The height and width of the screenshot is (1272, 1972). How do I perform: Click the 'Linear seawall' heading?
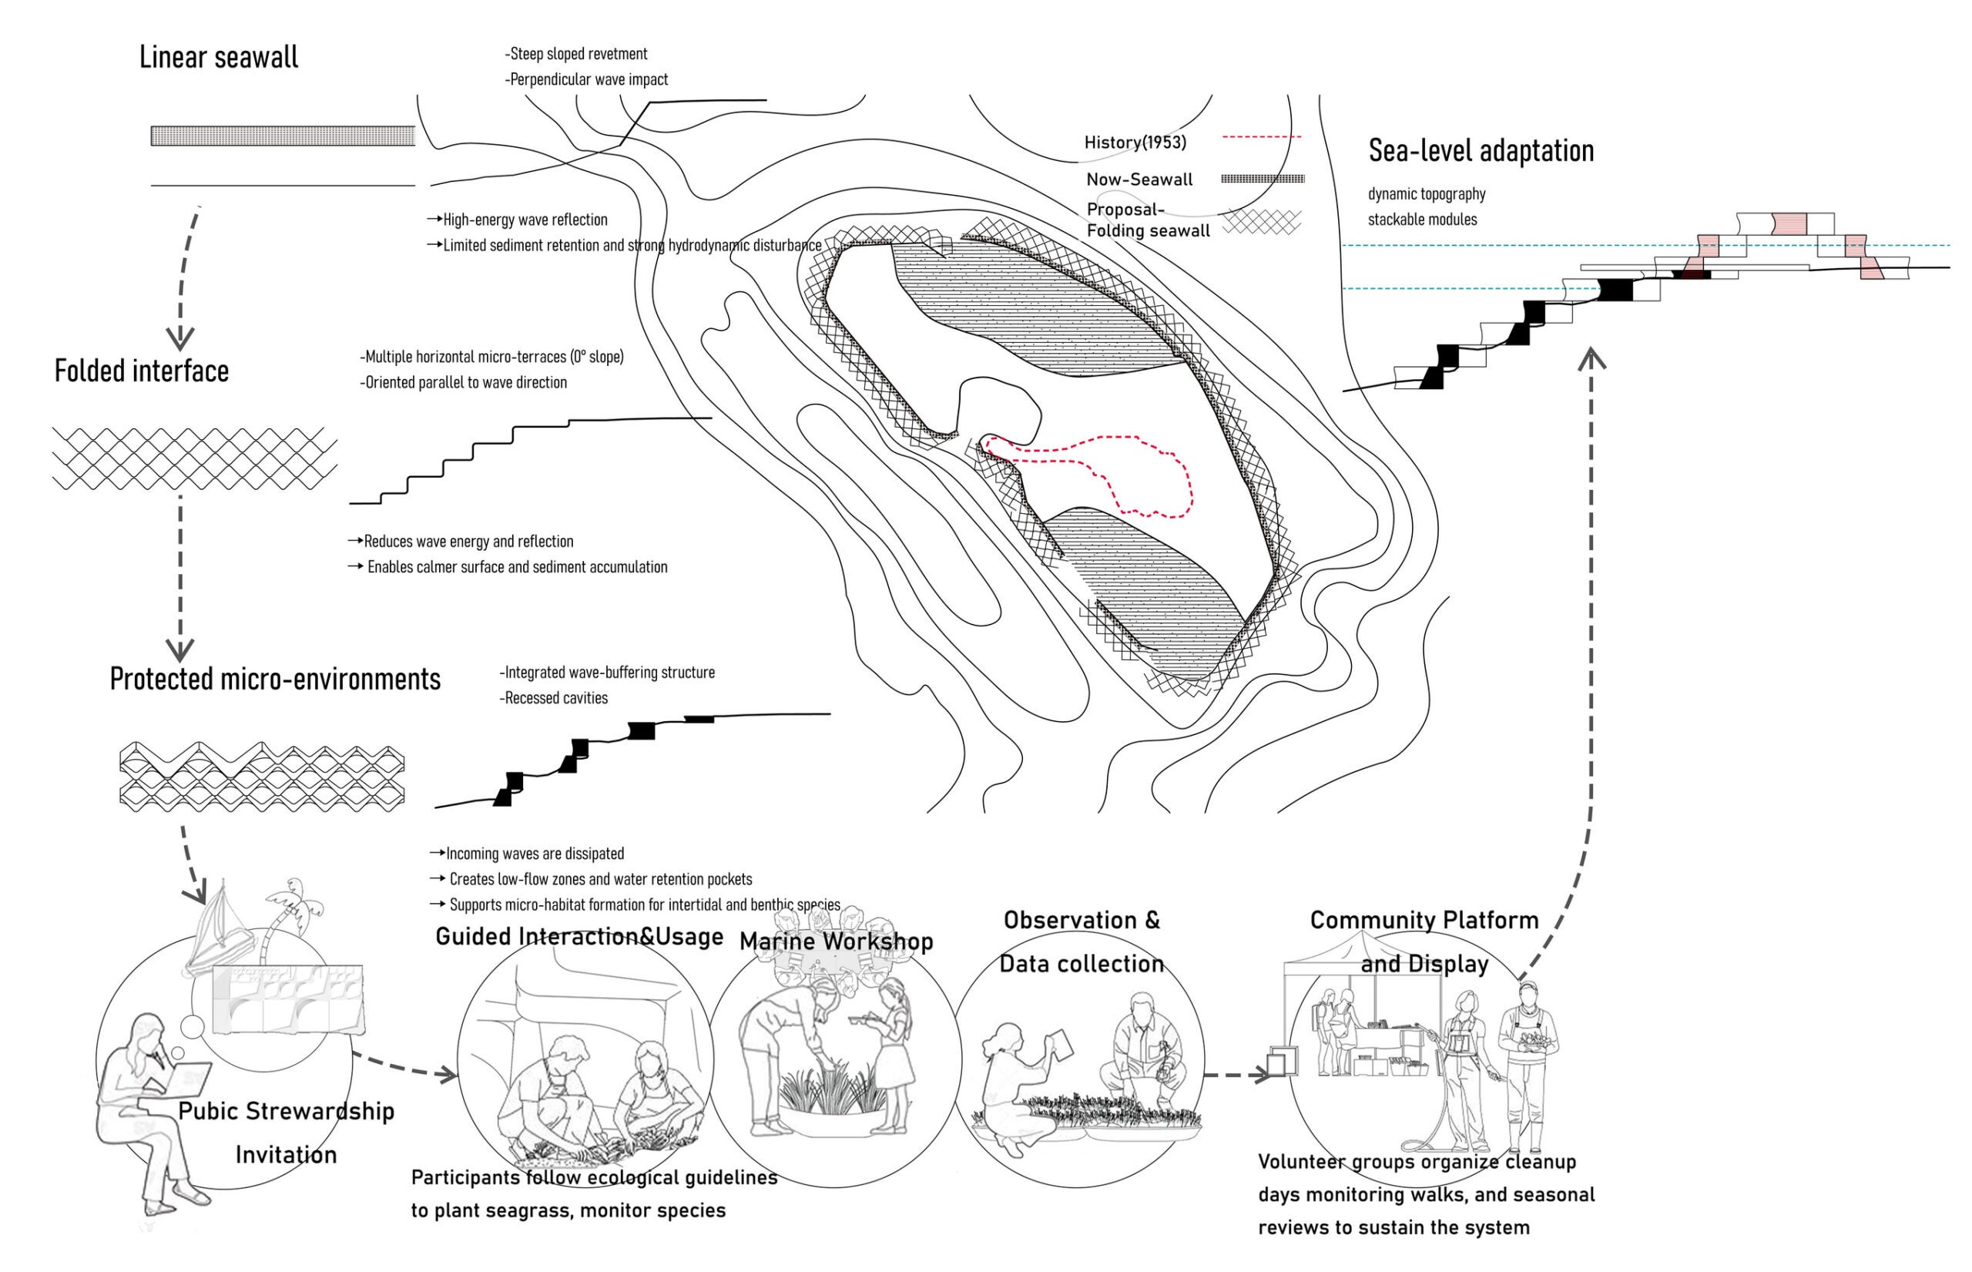[219, 58]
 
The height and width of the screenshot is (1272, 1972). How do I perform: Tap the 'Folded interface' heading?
[141, 371]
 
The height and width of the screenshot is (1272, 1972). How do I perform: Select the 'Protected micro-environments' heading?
[275, 679]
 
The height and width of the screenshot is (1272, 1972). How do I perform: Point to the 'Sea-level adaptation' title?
[1481, 151]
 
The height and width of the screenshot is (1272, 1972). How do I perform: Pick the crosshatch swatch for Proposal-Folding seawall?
[1261, 221]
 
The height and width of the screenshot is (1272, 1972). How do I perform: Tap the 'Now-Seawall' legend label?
[1139, 180]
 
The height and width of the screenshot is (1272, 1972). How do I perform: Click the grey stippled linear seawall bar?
[283, 136]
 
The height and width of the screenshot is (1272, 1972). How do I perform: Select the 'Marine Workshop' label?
[836, 941]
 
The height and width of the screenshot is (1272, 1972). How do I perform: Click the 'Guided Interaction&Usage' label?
[579, 936]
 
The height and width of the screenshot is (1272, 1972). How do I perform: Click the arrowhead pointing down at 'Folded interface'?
[180, 337]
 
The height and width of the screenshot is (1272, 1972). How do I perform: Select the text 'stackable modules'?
[1422, 220]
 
